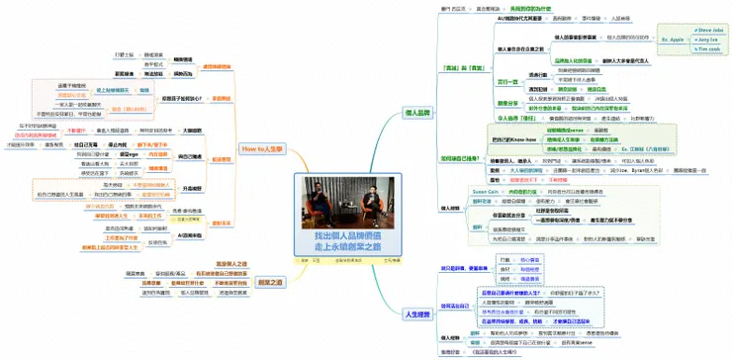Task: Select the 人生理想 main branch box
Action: (418, 313)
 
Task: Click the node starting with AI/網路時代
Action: (522, 18)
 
